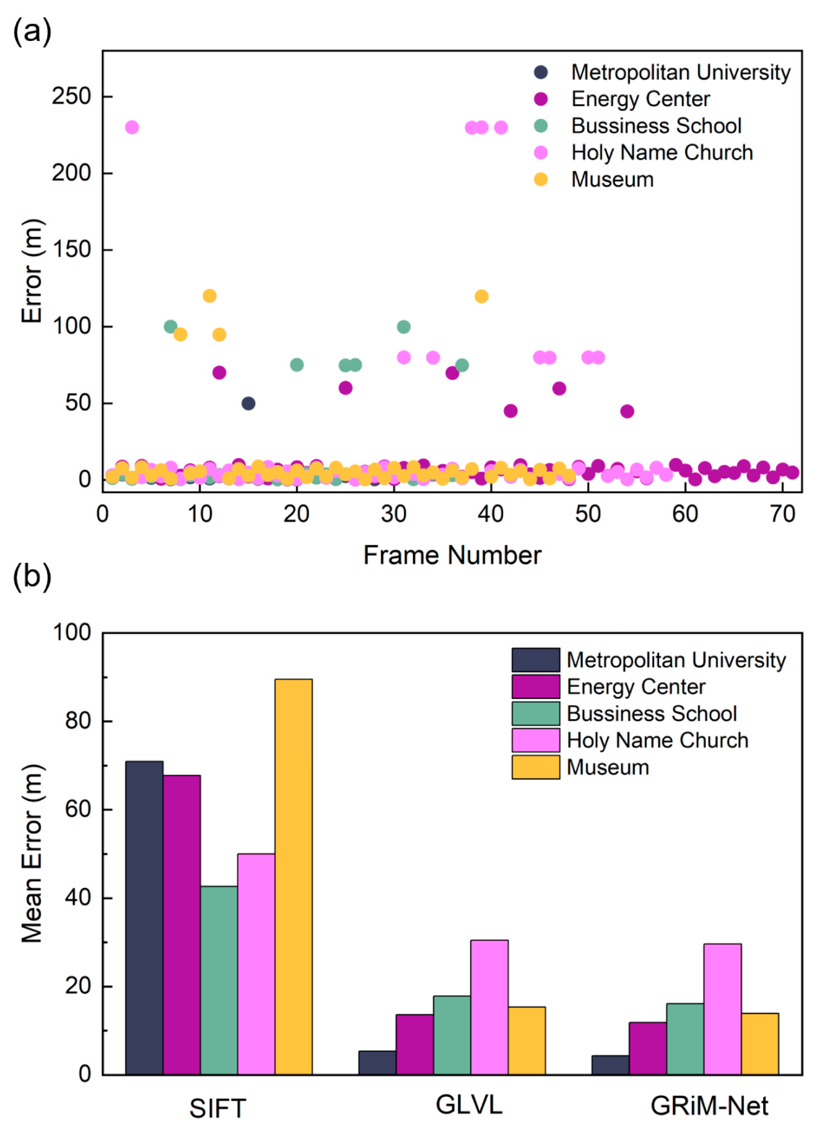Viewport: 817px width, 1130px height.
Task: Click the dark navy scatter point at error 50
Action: point(248,403)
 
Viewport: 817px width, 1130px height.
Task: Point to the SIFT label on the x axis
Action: point(218,1108)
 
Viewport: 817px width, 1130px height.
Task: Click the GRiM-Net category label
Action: point(709,1105)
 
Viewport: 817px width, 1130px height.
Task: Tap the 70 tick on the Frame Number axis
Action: point(782,514)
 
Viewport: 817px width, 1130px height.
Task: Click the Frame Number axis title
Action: point(452,555)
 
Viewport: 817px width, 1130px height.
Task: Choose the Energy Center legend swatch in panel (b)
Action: point(536,687)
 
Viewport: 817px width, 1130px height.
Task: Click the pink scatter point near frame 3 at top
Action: point(132,127)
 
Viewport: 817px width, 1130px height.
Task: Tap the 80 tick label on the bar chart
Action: point(78,721)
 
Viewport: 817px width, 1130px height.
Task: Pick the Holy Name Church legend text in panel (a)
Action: point(662,152)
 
